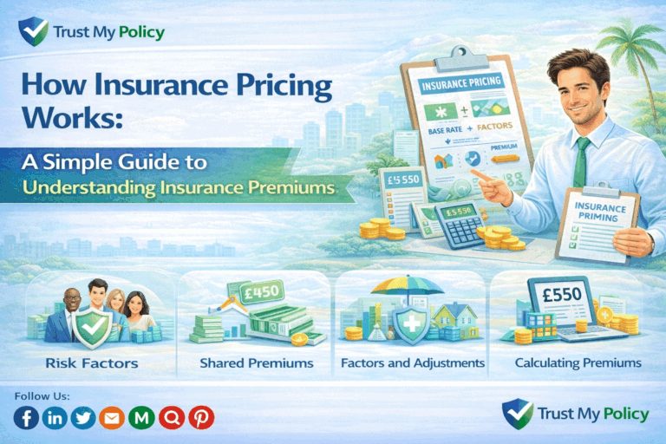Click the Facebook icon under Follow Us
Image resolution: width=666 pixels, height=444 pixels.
point(27,418)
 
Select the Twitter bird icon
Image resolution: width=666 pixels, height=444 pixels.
point(84,418)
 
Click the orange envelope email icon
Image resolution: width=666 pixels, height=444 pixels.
point(113,418)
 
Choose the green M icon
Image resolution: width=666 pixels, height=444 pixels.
point(141,418)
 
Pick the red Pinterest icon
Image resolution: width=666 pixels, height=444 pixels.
point(200,418)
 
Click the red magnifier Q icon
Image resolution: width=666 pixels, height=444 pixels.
point(171,418)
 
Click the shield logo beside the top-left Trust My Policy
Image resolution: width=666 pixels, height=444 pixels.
point(32,32)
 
